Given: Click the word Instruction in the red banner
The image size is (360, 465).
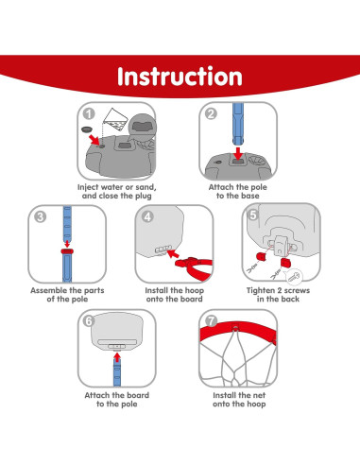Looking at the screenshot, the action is coord(180,77).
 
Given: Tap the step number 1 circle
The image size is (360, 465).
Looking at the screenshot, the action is coord(89,113).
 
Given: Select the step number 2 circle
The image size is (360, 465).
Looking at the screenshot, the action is coord(211,113).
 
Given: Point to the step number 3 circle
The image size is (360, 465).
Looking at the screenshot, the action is coord(40,216).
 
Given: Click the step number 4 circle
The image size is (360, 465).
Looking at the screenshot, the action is coord(147,216).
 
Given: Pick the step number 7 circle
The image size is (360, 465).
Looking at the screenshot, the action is coord(211,321).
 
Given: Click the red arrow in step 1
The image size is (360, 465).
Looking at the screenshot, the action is coord(94,140).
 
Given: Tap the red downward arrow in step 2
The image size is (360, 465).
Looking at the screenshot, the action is coord(238,153).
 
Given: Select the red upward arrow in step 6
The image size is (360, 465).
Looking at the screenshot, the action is coord(117,357).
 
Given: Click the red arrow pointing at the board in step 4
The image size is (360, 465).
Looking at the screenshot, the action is coord(173,253).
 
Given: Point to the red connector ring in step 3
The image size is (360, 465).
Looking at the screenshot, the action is coord(67,251).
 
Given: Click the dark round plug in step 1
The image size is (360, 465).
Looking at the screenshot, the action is coord(87,129).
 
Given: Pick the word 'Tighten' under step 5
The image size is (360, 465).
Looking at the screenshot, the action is coord(261,290).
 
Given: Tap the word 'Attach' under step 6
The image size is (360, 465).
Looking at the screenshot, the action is coord(97,395).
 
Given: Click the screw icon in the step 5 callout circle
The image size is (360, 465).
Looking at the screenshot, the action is coord(294,278).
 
